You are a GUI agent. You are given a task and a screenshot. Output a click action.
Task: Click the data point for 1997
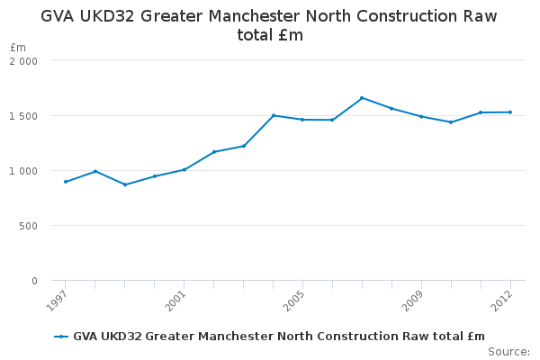[x=66, y=182]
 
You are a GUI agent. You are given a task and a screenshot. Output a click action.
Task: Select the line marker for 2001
[x=184, y=169]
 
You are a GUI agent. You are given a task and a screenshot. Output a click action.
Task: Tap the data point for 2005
[x=302, y=120]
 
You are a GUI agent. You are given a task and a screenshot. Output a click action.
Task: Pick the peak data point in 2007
[x=362, y=97]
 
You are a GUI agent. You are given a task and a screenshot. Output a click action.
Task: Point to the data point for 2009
[x=421, y=116]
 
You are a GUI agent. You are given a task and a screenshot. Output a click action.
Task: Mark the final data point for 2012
[x=510, y=112]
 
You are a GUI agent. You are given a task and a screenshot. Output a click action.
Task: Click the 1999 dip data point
[x=125, y=184]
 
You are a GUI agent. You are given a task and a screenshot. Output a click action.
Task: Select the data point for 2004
[x=273, y=115]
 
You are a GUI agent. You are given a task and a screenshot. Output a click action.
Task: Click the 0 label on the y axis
[x=34, y=281]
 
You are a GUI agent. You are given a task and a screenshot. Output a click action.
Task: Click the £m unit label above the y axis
[x=18, y=47]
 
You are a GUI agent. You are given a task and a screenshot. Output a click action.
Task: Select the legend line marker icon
[x=61, y=337]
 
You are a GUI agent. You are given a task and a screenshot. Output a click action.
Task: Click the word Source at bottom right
[x=508, y=351]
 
